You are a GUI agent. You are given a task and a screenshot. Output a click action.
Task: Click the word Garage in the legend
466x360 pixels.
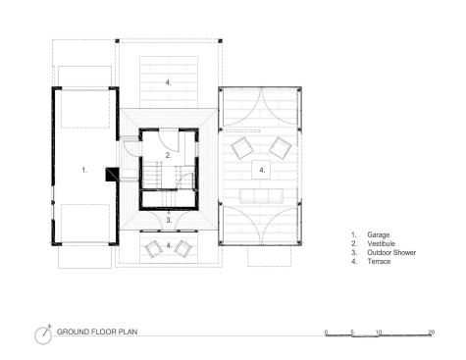point(378,234)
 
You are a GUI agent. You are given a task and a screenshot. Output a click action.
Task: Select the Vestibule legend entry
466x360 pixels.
point(381,243)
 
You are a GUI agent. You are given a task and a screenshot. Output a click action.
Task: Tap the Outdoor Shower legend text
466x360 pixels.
point(391,252)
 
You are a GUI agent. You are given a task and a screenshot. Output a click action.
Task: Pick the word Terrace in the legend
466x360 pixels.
point(379,261)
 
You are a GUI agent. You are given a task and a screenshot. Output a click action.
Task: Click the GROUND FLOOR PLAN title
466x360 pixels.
point(97,332)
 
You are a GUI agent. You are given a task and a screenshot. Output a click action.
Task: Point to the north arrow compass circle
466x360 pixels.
point(43,335)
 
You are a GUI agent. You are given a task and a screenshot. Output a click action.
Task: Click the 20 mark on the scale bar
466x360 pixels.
point(432,333)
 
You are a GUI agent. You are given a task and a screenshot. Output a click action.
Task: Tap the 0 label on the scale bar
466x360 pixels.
point(326,333)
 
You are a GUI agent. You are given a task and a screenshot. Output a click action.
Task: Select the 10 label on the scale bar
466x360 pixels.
point(379,333)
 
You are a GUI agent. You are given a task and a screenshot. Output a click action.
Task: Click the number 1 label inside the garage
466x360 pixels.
point(84,170)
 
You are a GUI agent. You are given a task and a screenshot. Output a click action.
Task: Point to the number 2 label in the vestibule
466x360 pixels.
point(168,155)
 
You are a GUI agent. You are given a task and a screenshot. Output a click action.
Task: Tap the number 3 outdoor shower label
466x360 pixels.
point(169,220)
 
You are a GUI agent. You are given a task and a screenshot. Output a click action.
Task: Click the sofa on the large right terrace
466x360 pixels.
point(261,196)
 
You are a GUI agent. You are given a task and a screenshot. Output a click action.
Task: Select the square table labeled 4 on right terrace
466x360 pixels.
point(261,170)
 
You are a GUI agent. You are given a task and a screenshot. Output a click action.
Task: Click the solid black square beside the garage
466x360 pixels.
point(112,175)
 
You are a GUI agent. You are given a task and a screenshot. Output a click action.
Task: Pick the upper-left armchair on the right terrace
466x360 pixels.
point(242,148)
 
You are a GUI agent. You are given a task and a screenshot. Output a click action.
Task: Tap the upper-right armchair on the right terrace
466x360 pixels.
point(281,148)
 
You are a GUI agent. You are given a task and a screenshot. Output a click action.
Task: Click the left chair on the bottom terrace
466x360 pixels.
point(154,249)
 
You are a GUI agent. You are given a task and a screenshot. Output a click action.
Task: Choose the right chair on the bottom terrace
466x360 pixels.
point(183,249)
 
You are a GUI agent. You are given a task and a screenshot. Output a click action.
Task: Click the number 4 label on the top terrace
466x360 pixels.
point(168,82)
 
